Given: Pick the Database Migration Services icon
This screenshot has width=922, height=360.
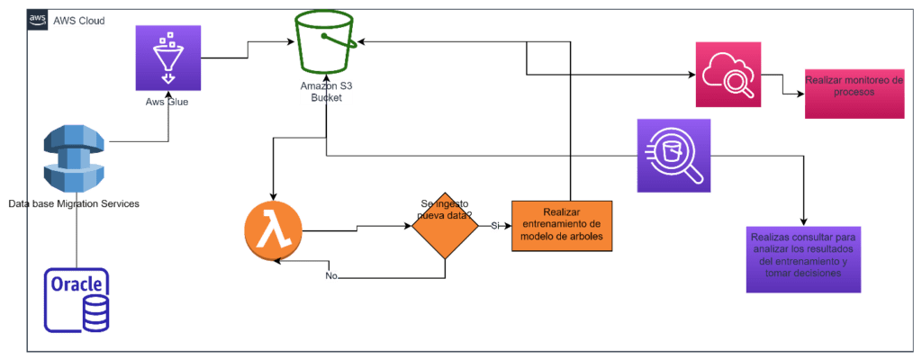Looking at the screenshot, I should (x=77, y=159).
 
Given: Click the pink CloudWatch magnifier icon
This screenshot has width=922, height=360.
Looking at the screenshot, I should (x=728, y=75).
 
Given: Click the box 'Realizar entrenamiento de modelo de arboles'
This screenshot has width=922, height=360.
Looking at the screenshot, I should (x=562, y=225).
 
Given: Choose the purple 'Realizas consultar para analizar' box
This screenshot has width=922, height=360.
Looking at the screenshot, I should (x=804, y=259).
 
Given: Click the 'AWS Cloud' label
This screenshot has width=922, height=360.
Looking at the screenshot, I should (x=79, y=20).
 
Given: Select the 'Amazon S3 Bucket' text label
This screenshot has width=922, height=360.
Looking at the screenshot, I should (x=327, y=90).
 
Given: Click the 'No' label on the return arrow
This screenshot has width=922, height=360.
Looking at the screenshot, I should (x=331, y=275).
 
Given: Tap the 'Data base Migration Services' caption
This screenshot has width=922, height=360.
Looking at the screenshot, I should (x=73, y=204).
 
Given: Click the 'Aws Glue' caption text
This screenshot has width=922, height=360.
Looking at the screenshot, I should (x=167, y=103).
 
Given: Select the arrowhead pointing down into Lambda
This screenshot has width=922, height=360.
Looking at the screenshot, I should (x=272, y=193).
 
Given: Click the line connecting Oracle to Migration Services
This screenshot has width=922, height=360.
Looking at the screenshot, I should (x=77, y=238).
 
